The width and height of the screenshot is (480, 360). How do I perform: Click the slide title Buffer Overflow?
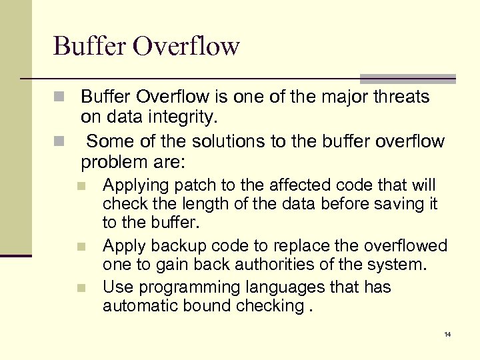(x=146, y=46)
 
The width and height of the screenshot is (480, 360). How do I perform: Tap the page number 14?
(x=447, y=334)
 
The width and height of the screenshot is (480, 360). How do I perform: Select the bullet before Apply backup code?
(x=81, y=247)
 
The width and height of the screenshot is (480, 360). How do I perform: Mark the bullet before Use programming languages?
(x=81, y=289)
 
